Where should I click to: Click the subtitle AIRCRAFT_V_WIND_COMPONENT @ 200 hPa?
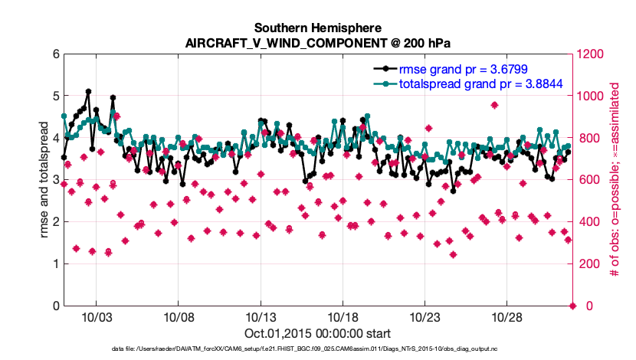317,43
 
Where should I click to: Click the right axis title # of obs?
614,180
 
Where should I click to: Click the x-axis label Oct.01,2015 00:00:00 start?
317,333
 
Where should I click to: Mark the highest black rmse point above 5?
89,92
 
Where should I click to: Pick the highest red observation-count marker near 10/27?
495,105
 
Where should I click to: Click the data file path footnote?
317,349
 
